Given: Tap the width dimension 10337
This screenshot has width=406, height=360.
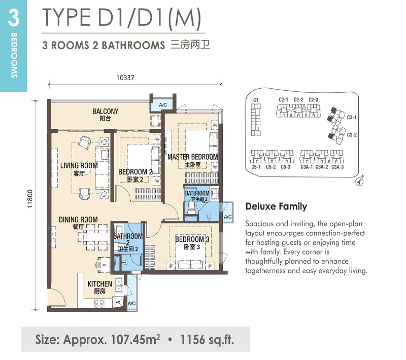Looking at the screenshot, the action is pyautogui.click(x=125, y=78).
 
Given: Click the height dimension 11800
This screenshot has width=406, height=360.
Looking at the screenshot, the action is pyautogui.click(x=30, y=199).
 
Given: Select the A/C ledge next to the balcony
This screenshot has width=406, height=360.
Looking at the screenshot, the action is pyautogui.click(x=163, y=105).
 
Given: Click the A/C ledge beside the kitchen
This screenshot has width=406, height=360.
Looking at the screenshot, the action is pyautogui.click(x=131, y=303).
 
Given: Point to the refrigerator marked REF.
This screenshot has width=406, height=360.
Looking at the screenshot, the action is pyautogui.click(x=104, y=265).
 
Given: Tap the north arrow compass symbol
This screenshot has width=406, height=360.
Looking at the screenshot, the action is pyautogui.click(x=359, y=182).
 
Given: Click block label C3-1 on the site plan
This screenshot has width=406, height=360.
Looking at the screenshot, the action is pyautogui.click(x=351, y=118).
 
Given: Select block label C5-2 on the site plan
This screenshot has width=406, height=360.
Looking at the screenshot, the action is pyautogui.click(x=271, y=167).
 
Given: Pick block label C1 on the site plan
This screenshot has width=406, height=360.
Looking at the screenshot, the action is pyautogui.click(x=256, y=100).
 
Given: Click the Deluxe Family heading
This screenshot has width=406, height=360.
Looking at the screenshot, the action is pyautogui.click(x=276, y=206).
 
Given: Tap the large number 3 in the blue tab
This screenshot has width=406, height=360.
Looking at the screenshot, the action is pyautogui.click(x=14, y=18).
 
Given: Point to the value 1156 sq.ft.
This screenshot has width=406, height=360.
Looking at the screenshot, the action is pyautogui.click(x=207, y=340).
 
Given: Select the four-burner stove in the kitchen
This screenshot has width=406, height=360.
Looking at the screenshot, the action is pyautogui.click(x=99, y=303).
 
